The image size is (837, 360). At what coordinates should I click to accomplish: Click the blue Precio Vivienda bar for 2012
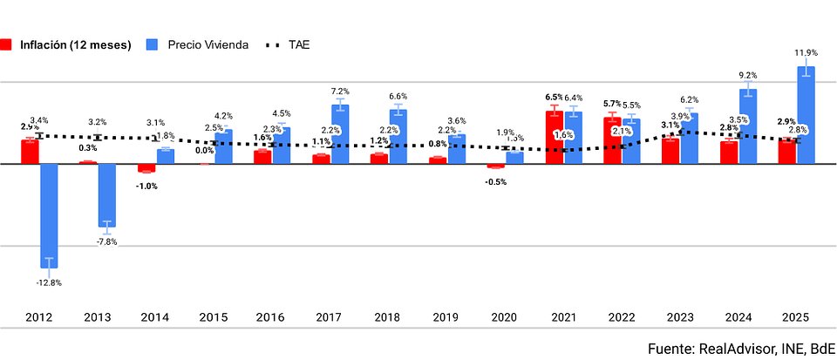pos(49,214)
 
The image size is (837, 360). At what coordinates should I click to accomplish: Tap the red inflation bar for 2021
pos(553,137)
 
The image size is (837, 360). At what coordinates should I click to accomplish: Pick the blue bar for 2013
pos(107,194)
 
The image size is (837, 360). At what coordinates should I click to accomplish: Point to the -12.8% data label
pos(48,282)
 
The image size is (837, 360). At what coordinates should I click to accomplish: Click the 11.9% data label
pos(806,53)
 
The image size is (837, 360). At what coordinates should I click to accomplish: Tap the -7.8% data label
pos(106,241)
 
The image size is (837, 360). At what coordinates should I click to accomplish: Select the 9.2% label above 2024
pos(748,76)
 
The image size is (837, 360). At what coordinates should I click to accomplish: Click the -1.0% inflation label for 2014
pos(146,186)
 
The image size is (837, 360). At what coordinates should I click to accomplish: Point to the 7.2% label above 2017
pos(340,92)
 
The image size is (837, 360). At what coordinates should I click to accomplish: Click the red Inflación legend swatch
pos(6,44)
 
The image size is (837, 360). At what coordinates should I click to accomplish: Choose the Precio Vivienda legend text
pos(208,44)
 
